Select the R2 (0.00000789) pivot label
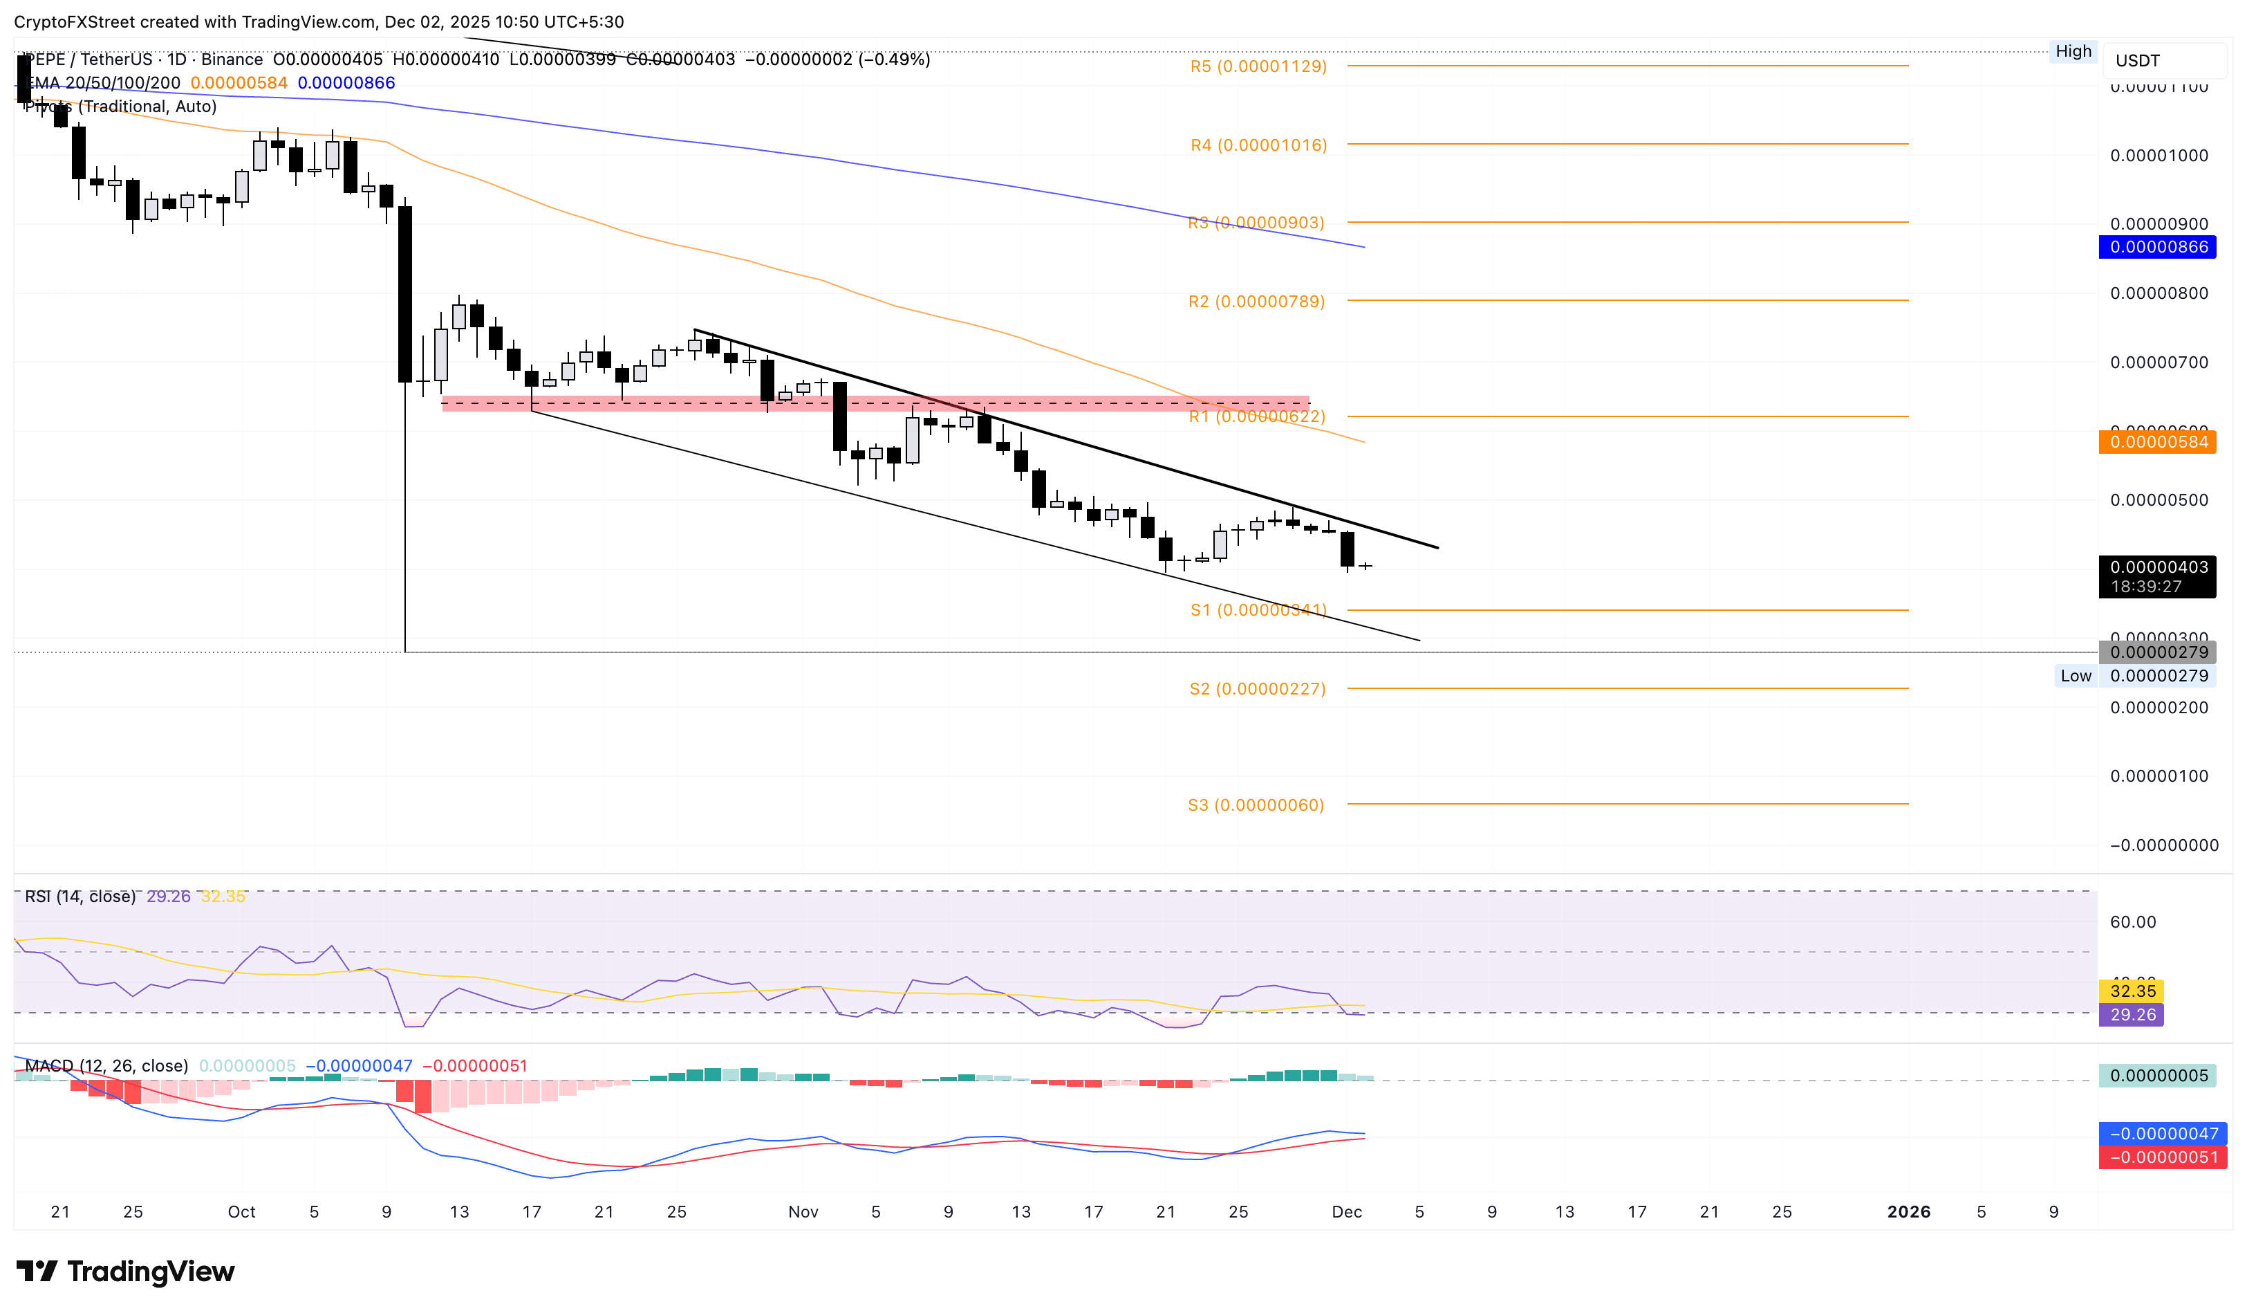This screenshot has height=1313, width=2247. [1256, 302]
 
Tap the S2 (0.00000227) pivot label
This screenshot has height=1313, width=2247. [1256, 688]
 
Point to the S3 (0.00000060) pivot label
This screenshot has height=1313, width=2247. [1255, 805]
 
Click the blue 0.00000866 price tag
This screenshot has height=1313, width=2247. [2157, 247]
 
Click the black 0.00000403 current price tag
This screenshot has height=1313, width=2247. [2157, 576]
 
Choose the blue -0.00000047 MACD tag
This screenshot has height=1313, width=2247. [2161, 1134]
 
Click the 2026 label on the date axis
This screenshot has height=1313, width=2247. [1908, 1211]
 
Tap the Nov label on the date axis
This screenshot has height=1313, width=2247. [803, 1211]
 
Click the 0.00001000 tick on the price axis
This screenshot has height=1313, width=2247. [2158, 155]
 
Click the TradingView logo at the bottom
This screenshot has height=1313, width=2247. [126, 1271]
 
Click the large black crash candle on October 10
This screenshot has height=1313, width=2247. [405, 295]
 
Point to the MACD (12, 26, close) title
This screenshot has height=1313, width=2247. [106, 1066]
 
